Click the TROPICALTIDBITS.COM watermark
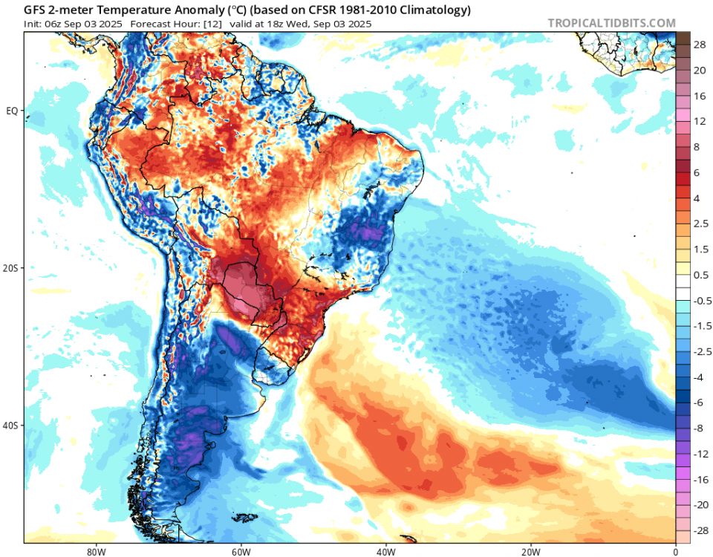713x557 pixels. coord(612,23)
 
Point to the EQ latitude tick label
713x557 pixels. coord(12,111)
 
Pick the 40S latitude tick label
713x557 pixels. coord(12,426)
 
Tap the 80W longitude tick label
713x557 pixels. coord(94,551)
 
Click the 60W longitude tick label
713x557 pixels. coord(239,551)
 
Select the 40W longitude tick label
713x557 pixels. coord(385,551)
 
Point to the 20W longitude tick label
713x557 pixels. coord(530,551)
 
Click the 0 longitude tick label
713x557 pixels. coord(675,551)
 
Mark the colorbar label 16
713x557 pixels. coord(700,97)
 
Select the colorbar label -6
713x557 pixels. coord(700,402)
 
